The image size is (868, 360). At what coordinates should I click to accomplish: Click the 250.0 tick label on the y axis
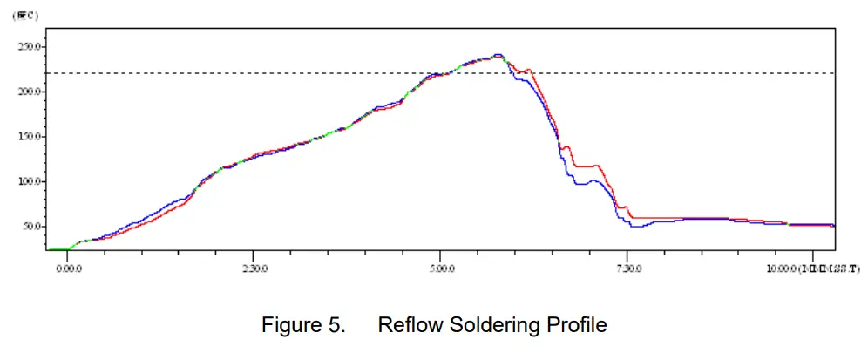click(29, 46)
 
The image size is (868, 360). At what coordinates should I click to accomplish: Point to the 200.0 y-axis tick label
click(29, 92)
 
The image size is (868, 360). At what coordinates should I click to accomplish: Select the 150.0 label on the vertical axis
click(29, 137)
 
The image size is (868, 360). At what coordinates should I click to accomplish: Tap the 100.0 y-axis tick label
click(29, 181)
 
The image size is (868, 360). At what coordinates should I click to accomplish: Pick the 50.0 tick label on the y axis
click(31, 227)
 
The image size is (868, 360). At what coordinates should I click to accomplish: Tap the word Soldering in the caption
click(492, 326)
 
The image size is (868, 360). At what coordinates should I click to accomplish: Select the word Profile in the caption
click(577, 326)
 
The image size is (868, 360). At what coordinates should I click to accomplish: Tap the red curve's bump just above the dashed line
click(527, 70)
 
